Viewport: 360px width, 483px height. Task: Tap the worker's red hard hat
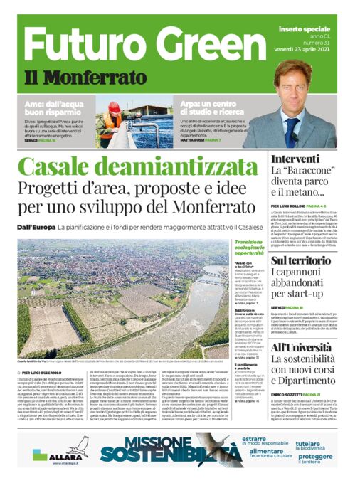[x=114, y=106]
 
